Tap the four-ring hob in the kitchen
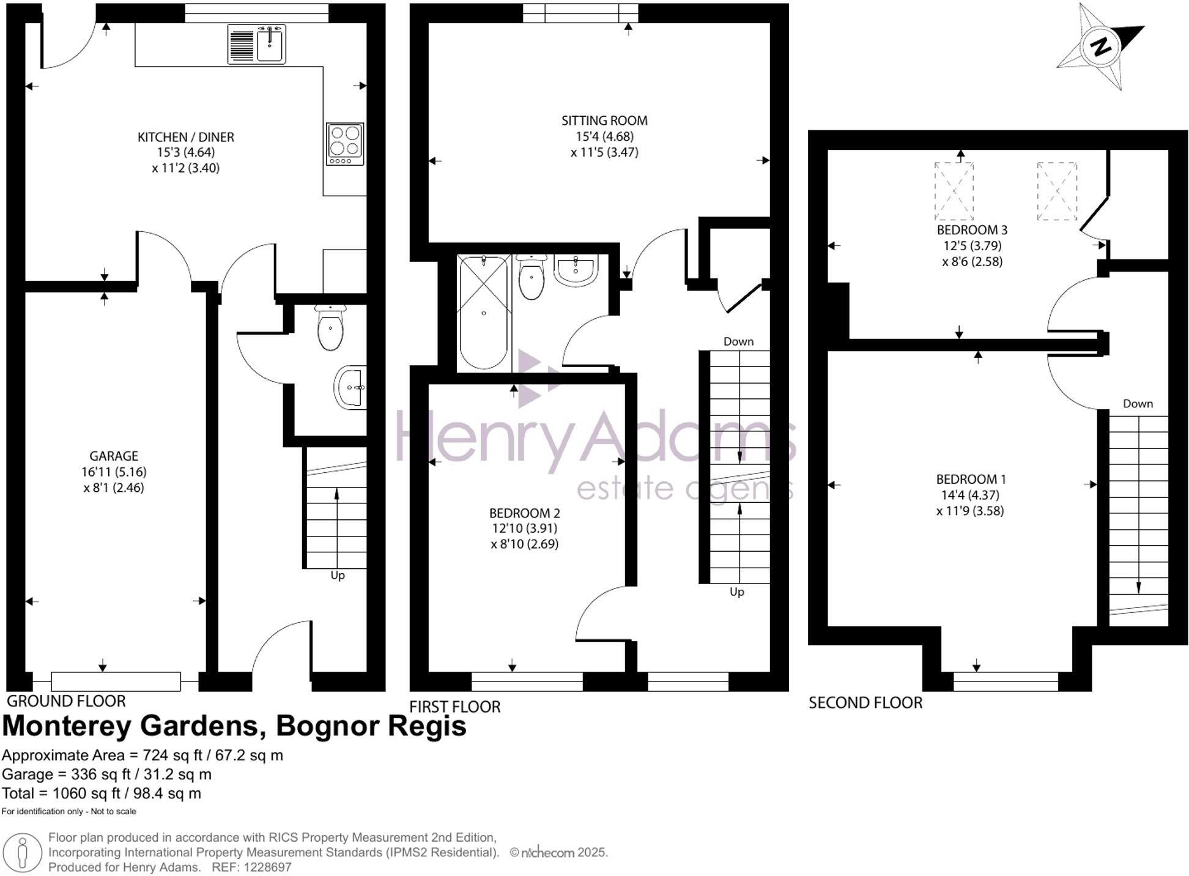tap(345, 144)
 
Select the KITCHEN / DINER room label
tap(185, 137)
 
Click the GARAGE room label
tap(114, 456)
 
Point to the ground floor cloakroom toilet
tap(330, 328)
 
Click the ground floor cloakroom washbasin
tap(350, 387)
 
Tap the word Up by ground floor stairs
tap(338, 576)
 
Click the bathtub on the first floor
tap(484, 313)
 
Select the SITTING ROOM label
tap(604, 121)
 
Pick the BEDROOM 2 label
tap(524, 513)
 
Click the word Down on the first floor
tap(738, 341)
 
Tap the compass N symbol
tap(1101, 46)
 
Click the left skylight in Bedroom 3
tap(954, 191)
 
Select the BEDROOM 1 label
tap(971, 479)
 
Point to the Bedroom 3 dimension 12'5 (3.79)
tap(972, 246)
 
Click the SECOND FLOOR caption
tap(865, 703)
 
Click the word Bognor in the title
tap(328, 726)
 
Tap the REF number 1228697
tap(267, 867)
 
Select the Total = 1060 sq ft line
tap(102, 793)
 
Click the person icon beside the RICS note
tap(23, 853)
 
